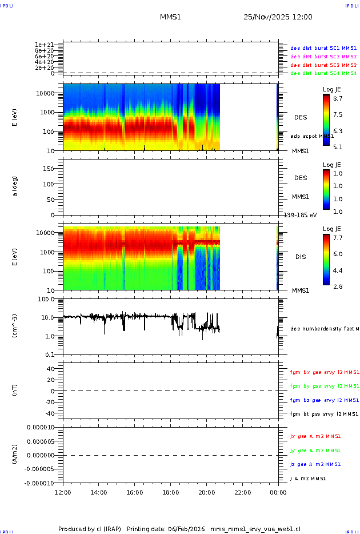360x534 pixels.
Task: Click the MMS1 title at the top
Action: click(x=170, y=17)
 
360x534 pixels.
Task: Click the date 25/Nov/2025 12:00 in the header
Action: click(x=278, y=17)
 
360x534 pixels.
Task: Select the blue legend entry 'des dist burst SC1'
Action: click(x=323, y=49)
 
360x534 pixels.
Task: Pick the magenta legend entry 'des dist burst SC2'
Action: click(x=323, y=57)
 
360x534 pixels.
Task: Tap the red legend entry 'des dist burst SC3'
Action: click(x=323, y=65)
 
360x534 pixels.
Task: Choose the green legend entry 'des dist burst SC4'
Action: click(x=323, y=73)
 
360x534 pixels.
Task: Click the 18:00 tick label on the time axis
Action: click(x=170, y=492)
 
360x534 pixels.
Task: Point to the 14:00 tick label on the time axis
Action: click(x=99, y=492)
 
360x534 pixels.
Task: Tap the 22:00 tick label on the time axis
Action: click(x=242, y=492)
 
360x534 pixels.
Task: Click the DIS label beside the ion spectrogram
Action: click(x=300, y=257)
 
